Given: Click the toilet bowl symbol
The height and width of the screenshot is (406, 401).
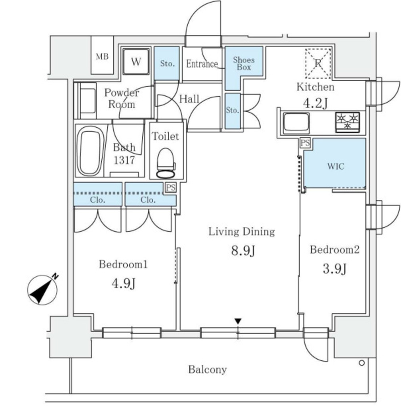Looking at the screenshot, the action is click(166, 163).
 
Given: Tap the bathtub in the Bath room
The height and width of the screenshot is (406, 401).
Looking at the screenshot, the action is click(90, 151).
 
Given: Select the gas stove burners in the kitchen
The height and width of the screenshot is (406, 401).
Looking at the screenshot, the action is click(348, 122).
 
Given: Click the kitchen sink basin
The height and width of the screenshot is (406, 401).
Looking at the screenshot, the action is click(296, 122).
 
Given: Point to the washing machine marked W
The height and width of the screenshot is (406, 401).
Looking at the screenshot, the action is click(136, 62).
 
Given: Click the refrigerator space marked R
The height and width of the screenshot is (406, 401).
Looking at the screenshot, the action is click(318, 63).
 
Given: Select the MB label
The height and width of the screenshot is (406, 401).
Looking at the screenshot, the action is click(102, 56).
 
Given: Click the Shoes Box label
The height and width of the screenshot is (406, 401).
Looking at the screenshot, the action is click(244, 63).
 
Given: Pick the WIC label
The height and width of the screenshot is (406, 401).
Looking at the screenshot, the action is click(336, 166).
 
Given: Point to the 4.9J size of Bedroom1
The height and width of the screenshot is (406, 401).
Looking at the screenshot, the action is click(123, 283).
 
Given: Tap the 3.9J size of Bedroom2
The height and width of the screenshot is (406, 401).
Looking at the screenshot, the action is click(334, 268).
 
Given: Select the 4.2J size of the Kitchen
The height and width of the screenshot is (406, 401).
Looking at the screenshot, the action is click(315, 103).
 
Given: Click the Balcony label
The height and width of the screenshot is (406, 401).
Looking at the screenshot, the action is click(208, 370).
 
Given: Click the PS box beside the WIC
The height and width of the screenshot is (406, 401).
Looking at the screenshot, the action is click(305, 143).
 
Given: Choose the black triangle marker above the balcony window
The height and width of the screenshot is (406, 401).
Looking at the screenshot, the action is click(238, 321).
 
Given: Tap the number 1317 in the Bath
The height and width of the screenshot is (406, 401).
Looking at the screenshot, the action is click(124, 160).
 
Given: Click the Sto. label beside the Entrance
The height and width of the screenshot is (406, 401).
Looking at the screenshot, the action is click(167, 63).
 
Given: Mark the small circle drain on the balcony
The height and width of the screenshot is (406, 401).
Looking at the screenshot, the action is click(362, 363).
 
